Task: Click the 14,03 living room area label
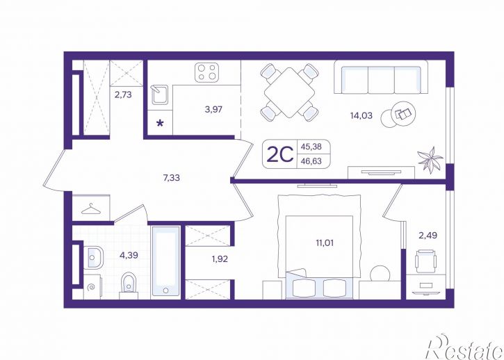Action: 361,115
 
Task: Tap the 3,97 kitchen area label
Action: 213,109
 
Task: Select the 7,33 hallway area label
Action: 171,177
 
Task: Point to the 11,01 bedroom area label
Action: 325,243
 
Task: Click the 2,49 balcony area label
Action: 428,236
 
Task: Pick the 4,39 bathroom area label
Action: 129,255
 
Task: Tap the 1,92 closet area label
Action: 220,259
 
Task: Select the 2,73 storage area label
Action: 124,95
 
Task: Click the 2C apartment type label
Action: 280,154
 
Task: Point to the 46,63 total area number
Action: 311,161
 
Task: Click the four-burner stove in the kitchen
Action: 206,72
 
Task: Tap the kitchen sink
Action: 160,95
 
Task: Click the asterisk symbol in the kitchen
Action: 160,124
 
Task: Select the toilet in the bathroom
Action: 129,286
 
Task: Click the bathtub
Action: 166,261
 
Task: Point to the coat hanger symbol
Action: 91,209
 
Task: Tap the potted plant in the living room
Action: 430,160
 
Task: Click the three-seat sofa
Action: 381,77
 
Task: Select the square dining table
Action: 289,92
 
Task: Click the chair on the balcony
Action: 425,261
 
